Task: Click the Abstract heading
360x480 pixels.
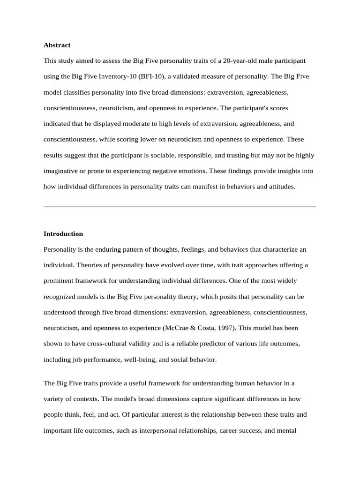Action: tap(57, 45)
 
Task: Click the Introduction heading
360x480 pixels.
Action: tap(63, 234)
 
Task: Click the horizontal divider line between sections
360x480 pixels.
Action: tap(180, 206)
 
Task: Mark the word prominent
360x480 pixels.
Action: tap(60, 281)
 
